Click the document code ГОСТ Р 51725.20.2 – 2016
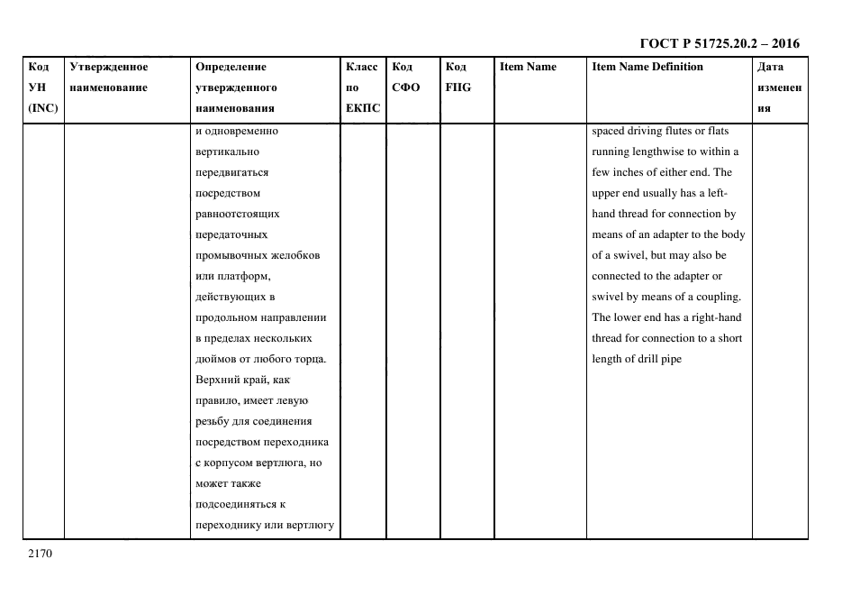coord(719,43)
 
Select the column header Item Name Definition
coord(647,67)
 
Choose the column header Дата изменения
coord(779,87)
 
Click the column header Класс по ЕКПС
coord(363,87)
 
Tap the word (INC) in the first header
coord(43,108)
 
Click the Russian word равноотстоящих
coord(237,214)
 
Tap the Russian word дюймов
coord(214,359)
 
